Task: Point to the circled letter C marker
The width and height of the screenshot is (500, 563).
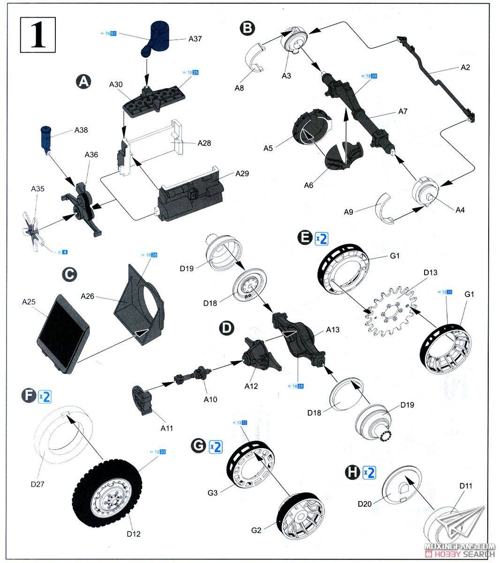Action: click(x=70, y=275)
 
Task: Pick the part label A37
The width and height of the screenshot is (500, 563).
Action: click(x=195, y=39)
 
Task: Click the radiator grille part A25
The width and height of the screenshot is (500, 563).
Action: click(x=61, y=333)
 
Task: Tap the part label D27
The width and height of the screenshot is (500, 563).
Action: click(x=38, y=484)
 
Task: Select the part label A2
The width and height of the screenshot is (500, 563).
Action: click(x=465, y=67)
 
